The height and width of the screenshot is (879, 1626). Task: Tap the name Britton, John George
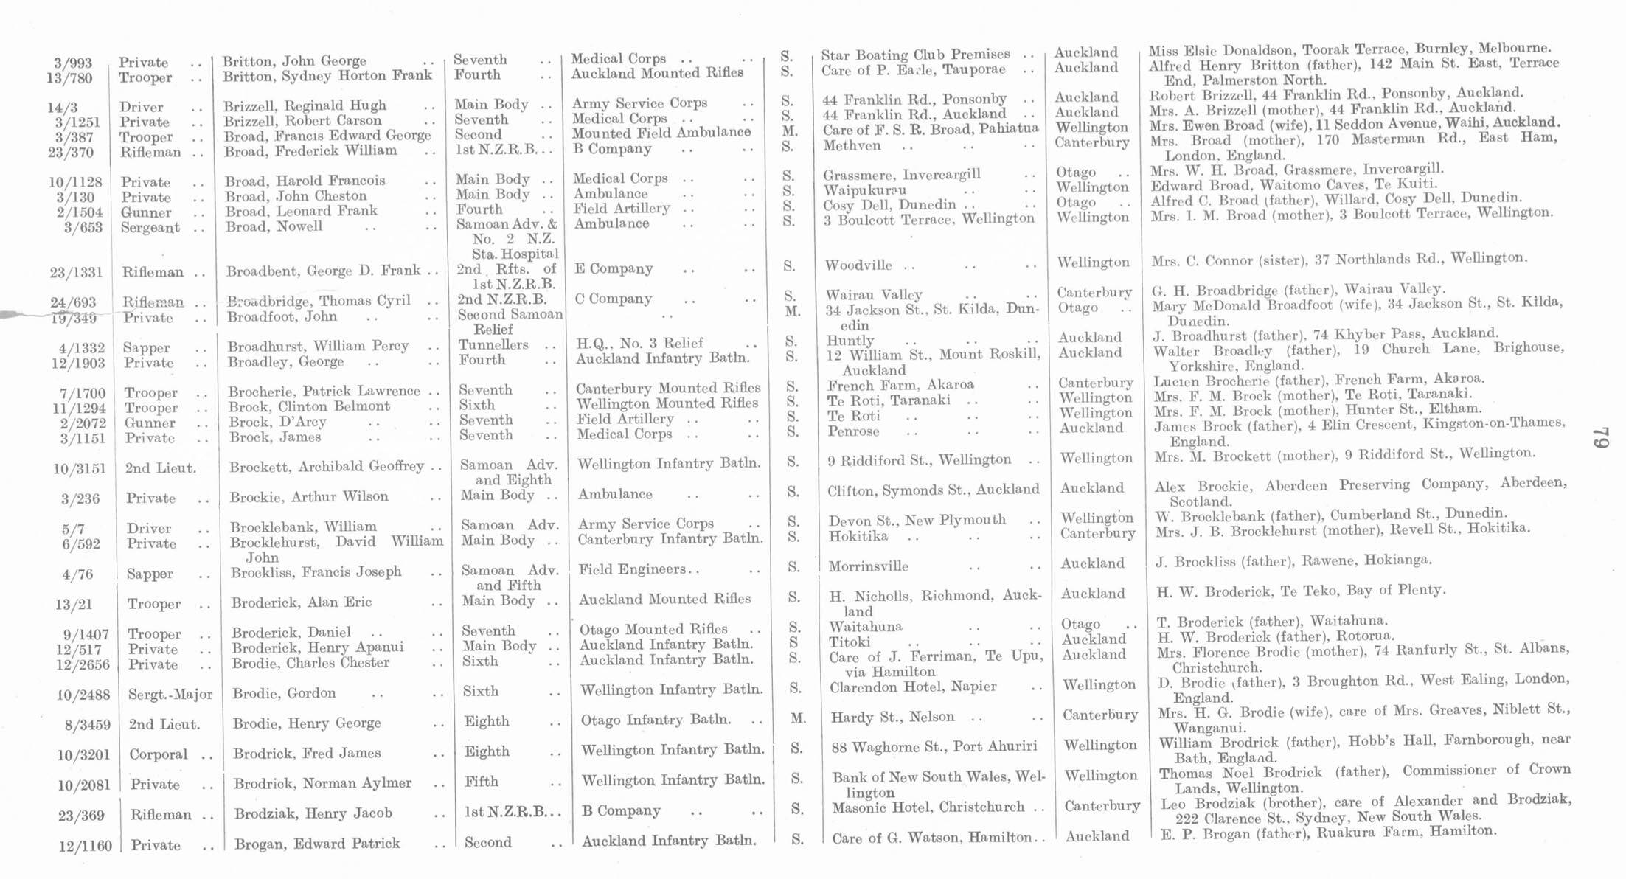click(294, 61)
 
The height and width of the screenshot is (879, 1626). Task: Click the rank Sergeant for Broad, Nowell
click(150, 228)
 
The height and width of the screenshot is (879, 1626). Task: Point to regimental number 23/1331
click(76, 273)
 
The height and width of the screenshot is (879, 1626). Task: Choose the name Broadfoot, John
click(282, 317)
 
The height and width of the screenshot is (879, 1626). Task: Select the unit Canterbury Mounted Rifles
click(667, 388)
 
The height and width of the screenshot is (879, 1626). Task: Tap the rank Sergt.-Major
click(170, 695)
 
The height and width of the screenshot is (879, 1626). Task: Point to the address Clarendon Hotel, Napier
click(913, 687)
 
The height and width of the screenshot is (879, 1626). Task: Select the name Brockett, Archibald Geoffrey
click(326, 467)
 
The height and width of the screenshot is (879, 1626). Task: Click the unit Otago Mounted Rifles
click(653, 630)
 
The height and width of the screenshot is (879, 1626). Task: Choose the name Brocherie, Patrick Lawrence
click(324, 392)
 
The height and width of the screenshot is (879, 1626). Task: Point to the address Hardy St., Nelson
click(892, 717)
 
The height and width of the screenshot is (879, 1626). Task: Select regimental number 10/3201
click(83, 756)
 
